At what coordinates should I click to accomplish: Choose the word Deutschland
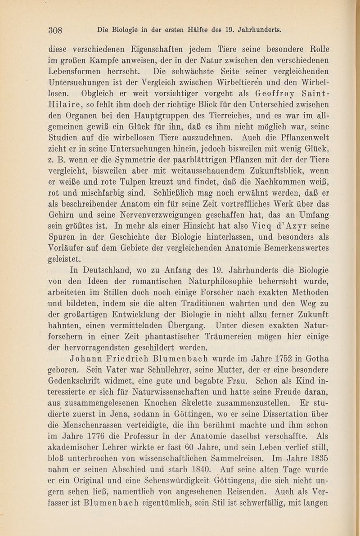coord(105,271)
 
